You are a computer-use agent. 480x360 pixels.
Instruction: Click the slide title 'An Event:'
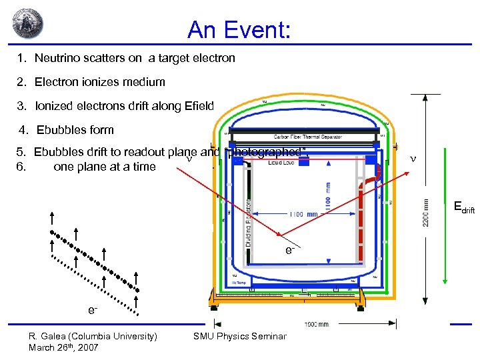click(239, 29)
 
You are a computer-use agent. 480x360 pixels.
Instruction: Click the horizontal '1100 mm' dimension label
click(303, 214)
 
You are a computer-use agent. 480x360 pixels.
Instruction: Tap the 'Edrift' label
click(463, 209)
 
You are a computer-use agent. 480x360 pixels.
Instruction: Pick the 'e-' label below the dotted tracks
click(94, 311)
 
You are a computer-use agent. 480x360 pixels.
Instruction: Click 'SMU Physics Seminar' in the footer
click(239, 336)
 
